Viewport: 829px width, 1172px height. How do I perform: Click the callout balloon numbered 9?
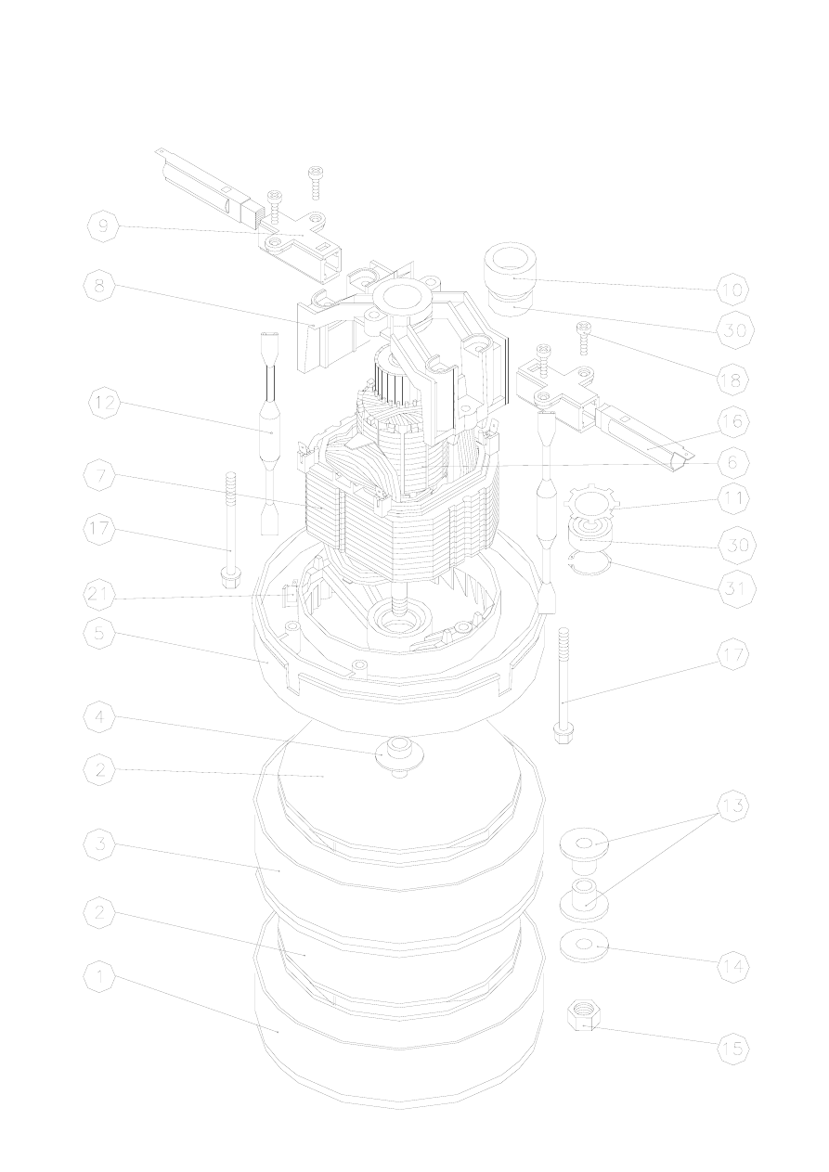102,227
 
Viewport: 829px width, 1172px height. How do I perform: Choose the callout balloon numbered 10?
733,290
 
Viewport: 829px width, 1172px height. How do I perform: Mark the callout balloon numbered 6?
733,461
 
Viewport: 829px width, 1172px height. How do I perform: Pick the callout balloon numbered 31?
733,589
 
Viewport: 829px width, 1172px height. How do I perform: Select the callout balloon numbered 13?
733,805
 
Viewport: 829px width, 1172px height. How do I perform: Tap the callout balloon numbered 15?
733,1049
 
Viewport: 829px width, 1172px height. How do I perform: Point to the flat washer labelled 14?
583,947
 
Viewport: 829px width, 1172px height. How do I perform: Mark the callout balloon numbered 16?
733,421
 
